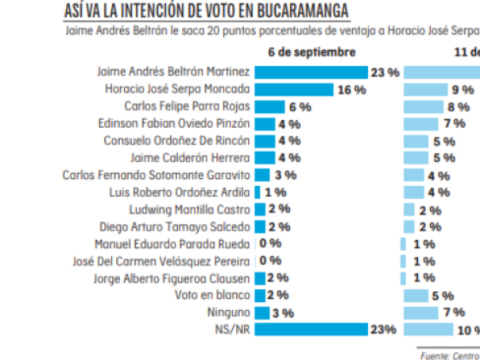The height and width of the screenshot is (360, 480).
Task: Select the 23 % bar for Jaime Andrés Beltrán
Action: point(311,72)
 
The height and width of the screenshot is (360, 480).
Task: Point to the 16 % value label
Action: point(351,90)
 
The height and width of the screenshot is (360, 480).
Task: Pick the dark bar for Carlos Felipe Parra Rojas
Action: point(269,106)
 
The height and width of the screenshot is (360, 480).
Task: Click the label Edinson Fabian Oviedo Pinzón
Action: point(173,123)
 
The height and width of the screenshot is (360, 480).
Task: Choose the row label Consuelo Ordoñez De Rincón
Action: point(176,141)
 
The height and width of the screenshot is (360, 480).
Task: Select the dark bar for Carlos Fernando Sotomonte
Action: point(263,175)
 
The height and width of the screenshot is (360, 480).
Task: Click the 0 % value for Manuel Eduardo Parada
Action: point(270,244)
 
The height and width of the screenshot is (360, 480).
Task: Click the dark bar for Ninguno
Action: point(261,312)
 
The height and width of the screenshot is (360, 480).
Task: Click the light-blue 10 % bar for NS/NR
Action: point(428,329)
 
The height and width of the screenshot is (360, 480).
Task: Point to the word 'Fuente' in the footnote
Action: point(434,356)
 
